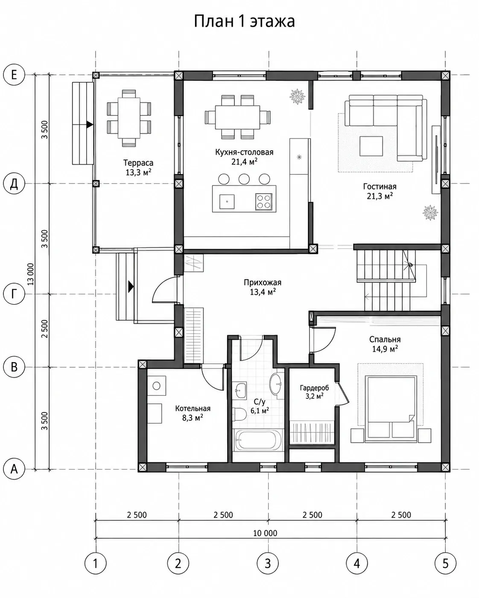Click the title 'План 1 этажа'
244,21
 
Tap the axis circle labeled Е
14,75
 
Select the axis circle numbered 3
268,563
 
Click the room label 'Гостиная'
380,186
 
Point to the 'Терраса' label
138,163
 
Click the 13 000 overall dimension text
31,274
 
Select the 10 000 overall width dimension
265,533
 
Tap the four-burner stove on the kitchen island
263,202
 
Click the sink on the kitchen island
227,201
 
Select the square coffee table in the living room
371,146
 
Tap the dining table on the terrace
129,118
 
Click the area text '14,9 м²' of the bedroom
385,349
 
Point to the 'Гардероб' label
314,388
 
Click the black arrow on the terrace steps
90,125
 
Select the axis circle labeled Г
14,294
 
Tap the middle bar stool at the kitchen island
244,179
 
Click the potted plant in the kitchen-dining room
298,96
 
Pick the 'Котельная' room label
193,409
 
